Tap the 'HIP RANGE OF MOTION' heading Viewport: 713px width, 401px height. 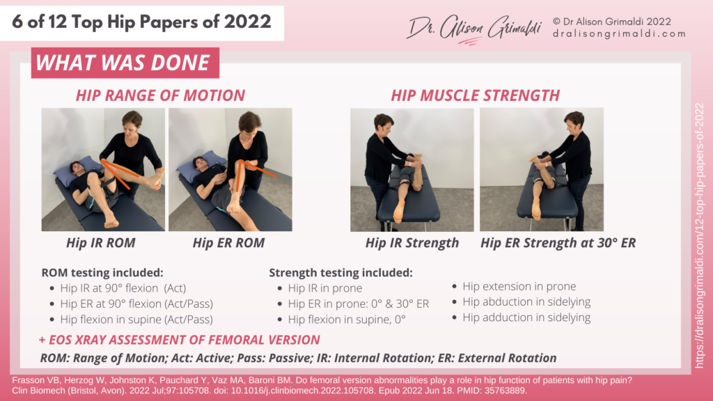point(160,96)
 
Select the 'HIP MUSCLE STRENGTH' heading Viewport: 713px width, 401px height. point(476,95)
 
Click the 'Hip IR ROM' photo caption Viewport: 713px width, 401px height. point(96,243)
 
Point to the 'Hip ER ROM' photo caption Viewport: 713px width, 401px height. point(229,243)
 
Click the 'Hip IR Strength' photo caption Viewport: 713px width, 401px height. point(412,243)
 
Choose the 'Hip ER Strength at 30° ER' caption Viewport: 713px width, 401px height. point(558,243)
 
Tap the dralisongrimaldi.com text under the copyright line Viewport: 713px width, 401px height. point(620,33)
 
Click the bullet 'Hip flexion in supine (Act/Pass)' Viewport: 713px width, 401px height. point(136,320)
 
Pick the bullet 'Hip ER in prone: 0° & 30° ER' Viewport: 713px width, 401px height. point(359,304)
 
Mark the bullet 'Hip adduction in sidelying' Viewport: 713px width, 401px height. point(526,317)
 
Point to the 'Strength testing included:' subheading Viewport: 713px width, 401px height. point(340,272)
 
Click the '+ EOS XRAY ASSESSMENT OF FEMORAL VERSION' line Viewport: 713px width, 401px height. point(180,340)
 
